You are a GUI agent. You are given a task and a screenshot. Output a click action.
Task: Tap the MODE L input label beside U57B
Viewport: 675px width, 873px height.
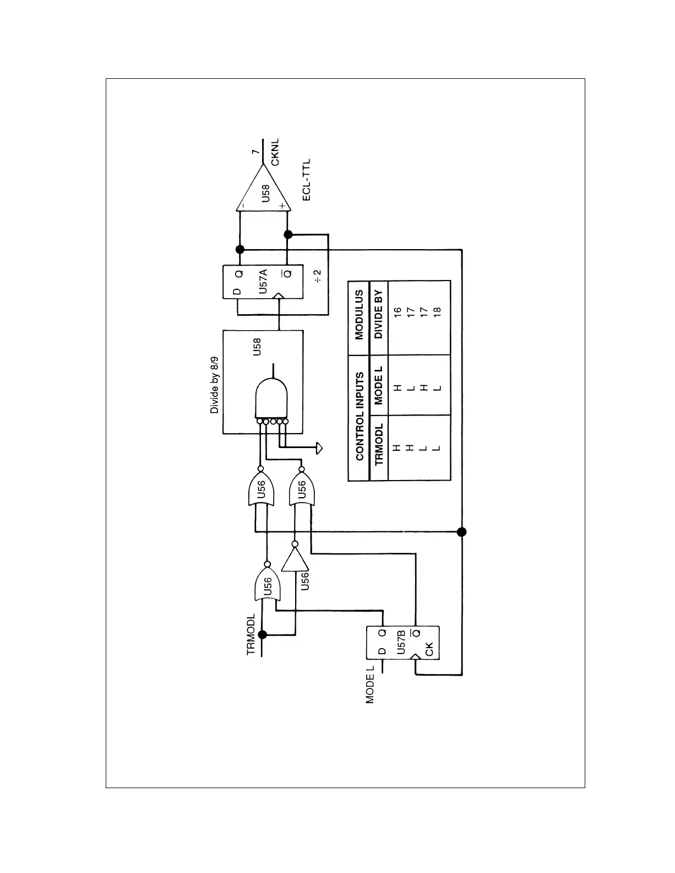point(370,684)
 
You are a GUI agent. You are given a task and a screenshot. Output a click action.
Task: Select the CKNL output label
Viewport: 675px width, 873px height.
point(276,152)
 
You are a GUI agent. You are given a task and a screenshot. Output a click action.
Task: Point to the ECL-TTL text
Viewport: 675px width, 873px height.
point(306,180)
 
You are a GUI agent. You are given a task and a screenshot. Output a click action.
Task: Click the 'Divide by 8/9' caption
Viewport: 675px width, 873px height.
point(215,384)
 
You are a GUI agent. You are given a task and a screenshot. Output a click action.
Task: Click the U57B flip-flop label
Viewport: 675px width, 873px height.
point(401,642)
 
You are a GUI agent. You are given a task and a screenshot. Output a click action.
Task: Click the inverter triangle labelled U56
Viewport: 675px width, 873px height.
point(295,561)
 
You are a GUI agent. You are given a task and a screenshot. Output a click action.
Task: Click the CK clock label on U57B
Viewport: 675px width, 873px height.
point(430,650)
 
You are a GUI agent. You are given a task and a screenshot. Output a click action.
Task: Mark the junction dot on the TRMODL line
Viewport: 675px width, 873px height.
point(263,634)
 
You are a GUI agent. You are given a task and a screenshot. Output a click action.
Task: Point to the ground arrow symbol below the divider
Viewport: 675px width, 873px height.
point(319,448)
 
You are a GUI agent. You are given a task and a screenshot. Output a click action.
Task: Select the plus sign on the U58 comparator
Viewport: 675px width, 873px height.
point(282,206)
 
